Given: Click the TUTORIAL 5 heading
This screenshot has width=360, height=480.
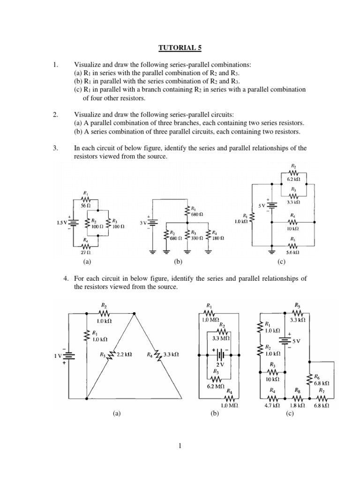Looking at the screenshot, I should tap(180, 47).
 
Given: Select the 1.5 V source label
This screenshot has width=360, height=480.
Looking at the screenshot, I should tap(62, 223).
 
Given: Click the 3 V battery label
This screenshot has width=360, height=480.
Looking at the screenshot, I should tap(144, 223).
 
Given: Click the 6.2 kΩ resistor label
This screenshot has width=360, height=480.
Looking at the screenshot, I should tap(293, 179).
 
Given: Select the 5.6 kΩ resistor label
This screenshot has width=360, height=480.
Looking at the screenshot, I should tap(293, 252).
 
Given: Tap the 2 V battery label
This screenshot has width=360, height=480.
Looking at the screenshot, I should tap(219, 364).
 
